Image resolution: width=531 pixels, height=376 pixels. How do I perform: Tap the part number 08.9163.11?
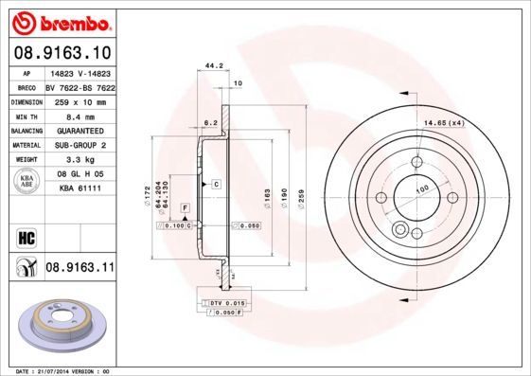[x=80, y=268]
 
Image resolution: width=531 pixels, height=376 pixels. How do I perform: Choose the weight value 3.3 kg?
[x=79, y=160]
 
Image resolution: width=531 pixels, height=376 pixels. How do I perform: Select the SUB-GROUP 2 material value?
[x=80, y=144]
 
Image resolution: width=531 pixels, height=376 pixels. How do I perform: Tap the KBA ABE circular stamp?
[x=26, y=183]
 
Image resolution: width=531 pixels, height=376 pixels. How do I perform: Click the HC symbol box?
[x=26, y=237]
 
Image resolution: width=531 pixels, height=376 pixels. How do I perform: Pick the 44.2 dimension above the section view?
[x=215, y=65]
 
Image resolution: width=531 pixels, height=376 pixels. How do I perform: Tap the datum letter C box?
[x=216, y=182]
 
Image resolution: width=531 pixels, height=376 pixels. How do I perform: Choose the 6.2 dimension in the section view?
[x=211, y=123]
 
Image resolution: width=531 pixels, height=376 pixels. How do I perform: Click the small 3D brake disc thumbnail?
[x=62, y=323]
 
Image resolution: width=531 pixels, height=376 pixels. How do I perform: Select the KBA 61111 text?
[x=80, y=189]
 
